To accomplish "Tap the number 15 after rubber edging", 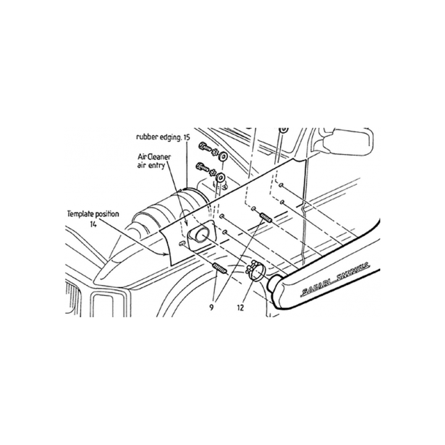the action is click(x=187, y=137).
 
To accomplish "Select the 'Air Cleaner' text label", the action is click(x=155, y=157).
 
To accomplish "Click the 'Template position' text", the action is click(x=93, y=214).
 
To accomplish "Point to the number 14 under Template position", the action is click(x=93, y=224).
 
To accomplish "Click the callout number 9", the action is click(x=211, y=307).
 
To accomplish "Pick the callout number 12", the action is click(x=240, y=308).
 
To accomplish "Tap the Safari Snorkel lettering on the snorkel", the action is click(x=335, y=278).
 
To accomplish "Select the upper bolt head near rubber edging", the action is click(x=202, y=146).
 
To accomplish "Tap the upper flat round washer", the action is click(x=222, y=156).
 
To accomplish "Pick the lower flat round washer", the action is click(x=220, y=178).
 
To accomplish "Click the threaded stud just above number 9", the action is click(x=219, y=268).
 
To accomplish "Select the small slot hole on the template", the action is click(x=182, y=244).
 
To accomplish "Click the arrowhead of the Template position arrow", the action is click(x=167, y=254).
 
